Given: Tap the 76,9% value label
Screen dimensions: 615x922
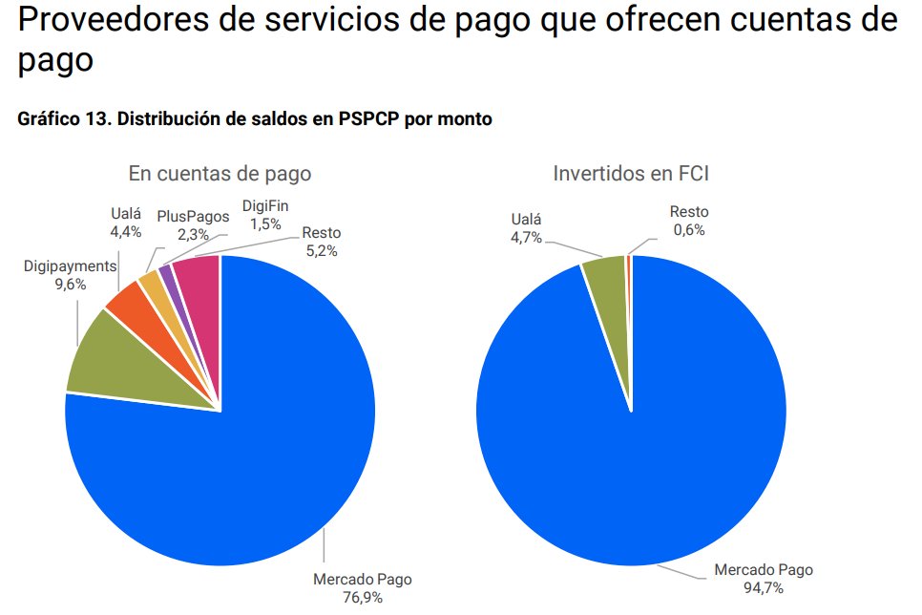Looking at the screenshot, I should (363, 598).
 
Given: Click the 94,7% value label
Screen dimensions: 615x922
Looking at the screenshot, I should (764, 588).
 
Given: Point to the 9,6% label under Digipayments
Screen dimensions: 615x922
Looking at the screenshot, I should (70, 284).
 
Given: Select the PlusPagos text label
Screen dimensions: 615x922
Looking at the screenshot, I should (193, 217).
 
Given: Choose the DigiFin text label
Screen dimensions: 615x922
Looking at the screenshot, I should (264, 206).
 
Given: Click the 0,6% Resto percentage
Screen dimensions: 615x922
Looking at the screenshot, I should (689, 229).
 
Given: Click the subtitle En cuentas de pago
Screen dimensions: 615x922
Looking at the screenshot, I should (220, 174).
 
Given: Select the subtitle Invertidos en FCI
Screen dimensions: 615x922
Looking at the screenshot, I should (631, 174).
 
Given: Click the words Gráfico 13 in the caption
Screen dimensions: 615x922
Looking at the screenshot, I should (59, 119).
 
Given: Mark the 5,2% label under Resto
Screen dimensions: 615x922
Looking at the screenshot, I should (321, 250).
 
